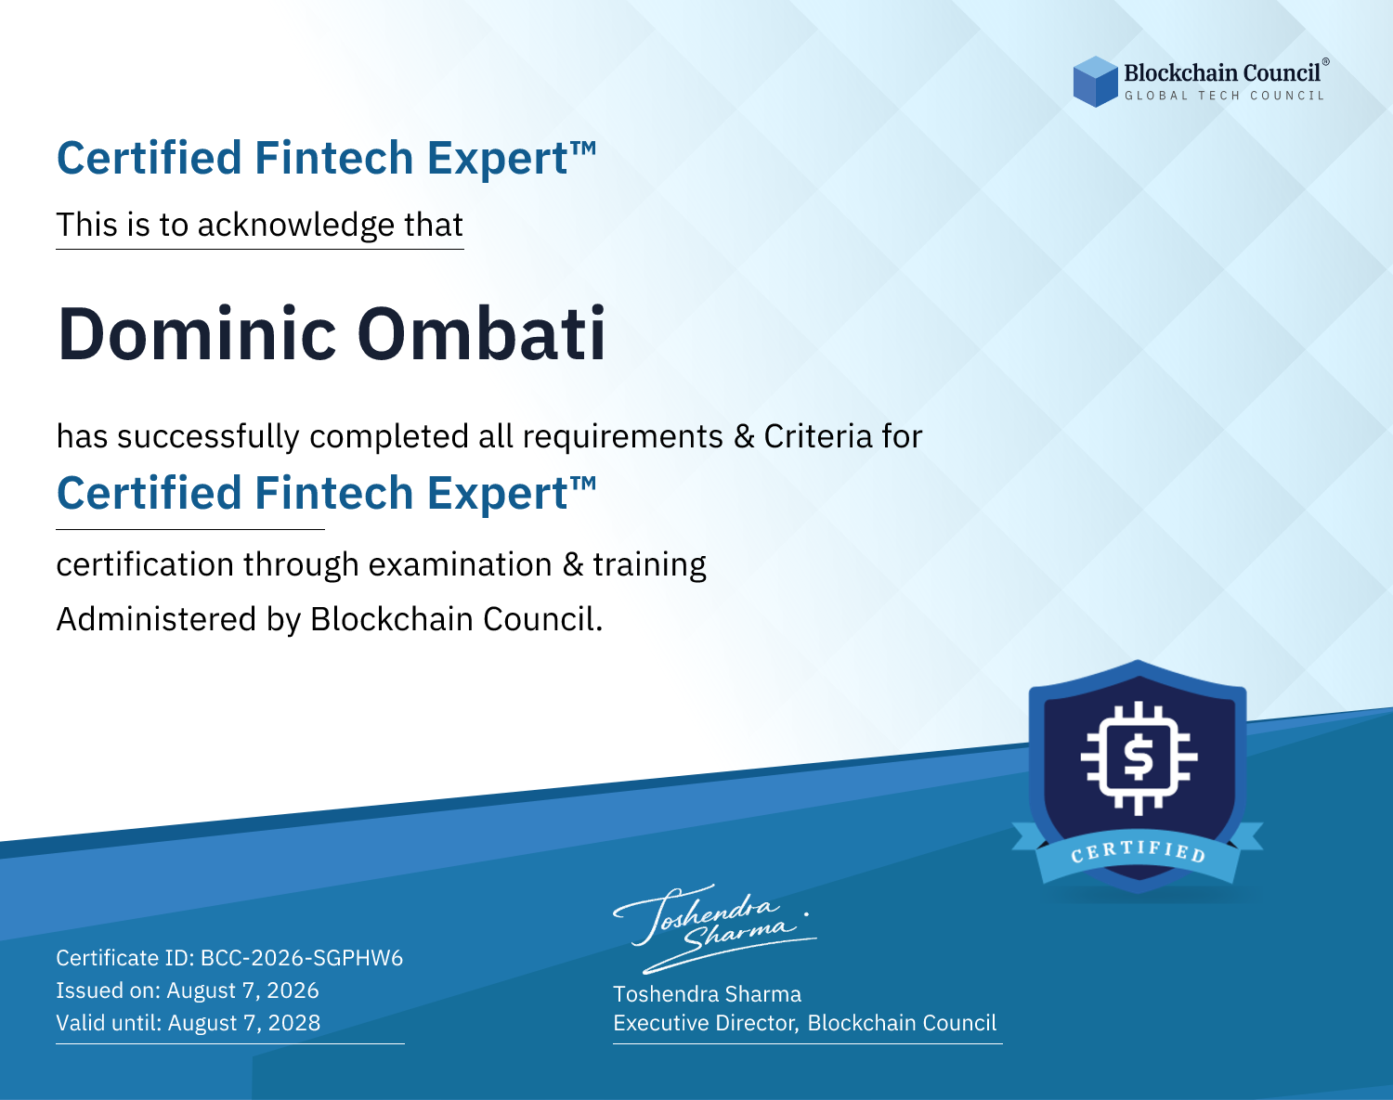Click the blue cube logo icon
click(x=1095, y=82)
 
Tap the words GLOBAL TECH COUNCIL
click(x=1225, y=96)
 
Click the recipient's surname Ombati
click(x=481, y=334)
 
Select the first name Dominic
click(x=197, y=334)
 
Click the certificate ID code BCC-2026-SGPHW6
click(x=302, y=958)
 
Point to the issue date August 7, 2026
click(x=242, y=990)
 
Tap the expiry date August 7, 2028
click(x=244, y=1023)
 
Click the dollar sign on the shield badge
click(x=1138, y=757)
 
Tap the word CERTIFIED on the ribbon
click(x=1138, y=850)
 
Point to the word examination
click(x=461, y=564)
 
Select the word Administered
click(x=157, y=618)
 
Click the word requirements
click(x=623, y=437)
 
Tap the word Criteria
click(x=818, y=436)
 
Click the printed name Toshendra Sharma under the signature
click(x=707, y=994)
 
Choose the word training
click(x=649, y=565)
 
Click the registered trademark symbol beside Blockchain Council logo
click(x=1326, y=62)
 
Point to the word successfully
click(x=208, y=437)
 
